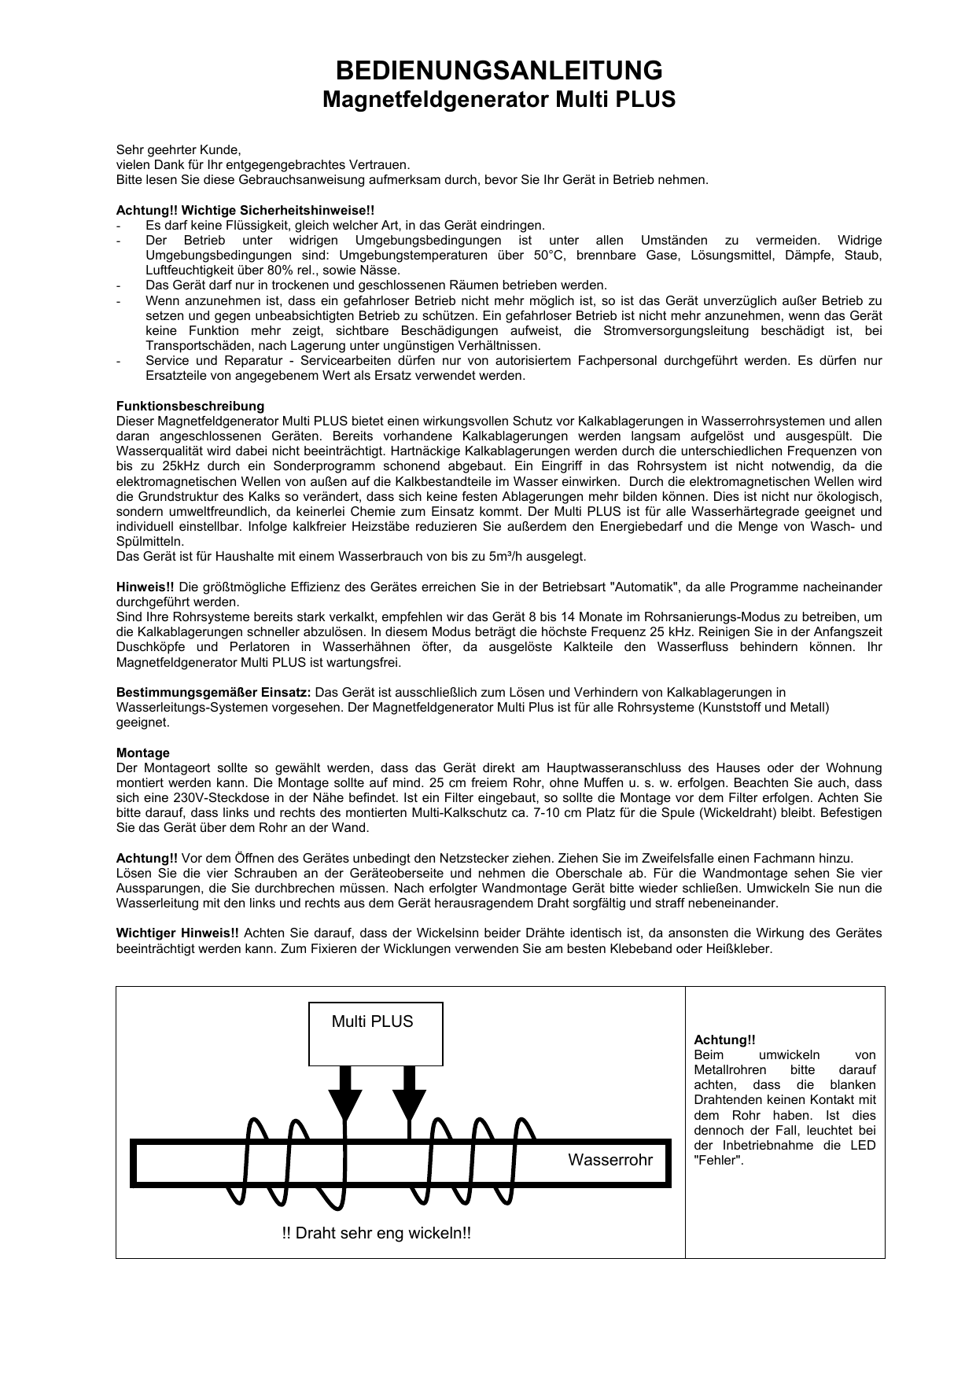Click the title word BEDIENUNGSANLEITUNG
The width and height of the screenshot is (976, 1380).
point(499,71)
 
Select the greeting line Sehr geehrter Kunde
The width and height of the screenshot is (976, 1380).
point(179,149)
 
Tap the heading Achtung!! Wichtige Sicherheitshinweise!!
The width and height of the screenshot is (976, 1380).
point(245,210)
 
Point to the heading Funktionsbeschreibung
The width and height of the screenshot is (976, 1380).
point(190,407)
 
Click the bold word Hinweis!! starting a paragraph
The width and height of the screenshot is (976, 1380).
point(145,587)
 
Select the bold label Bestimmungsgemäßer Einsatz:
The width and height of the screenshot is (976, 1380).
point(214,693)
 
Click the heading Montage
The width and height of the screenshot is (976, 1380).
point(142,753)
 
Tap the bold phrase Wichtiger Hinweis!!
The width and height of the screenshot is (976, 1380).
point(177,933)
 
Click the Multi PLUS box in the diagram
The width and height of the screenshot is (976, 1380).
point(375,1033)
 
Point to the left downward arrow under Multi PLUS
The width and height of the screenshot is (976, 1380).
point(344,1094)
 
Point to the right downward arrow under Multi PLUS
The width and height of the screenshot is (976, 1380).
point(409,1094)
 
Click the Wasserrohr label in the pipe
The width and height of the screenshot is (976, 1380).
point(610,1161)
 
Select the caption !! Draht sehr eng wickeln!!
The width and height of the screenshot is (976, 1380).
point(376,1233)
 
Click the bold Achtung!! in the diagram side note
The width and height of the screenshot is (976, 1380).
point(724,1040)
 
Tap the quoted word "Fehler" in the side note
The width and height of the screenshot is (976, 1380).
point(719,1161)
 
